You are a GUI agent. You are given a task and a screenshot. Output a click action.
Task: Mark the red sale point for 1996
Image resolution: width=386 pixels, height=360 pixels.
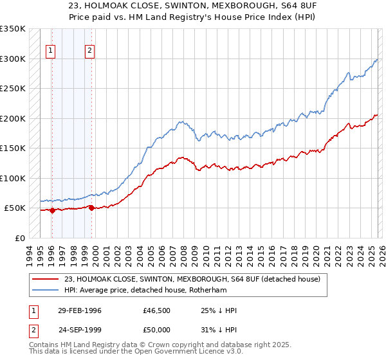52,210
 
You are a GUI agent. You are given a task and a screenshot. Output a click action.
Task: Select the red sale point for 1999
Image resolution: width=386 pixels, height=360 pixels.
91,208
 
